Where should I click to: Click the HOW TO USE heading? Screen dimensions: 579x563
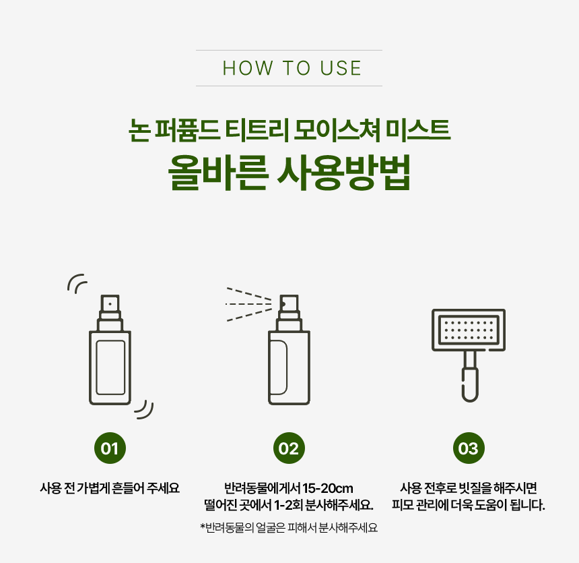click(x=292, y=68)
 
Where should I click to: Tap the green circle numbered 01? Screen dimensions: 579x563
click(x=110, y=448)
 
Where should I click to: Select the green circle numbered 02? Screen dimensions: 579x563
click(x=289, y=448)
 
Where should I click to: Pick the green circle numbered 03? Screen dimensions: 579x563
click(x=468, y=448)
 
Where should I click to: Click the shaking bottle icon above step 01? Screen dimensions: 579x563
click(x=110, y=349)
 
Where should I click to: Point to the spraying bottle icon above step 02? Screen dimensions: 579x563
click(x=289, y=349)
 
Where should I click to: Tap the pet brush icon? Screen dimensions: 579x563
click(x=468, y=355)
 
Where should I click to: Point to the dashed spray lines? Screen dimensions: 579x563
click(x=248, y=304)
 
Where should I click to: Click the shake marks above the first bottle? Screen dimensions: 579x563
click(x=77, y=283)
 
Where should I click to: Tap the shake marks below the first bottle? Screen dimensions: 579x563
click(x=144, y=409)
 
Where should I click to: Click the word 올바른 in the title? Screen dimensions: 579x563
click(x=218, y=173)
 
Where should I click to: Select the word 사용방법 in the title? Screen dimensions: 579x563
click(x=344, y=173)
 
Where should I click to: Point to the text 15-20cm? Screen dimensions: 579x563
click(x=327, y=488)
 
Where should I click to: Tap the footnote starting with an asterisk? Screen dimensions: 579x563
click(x=289, y=527)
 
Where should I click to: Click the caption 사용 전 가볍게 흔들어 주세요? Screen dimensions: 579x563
click(x=110, y=488)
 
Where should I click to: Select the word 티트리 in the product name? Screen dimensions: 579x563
click(x=257, y=130)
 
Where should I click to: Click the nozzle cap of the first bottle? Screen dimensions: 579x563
click(x=110, y=304)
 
